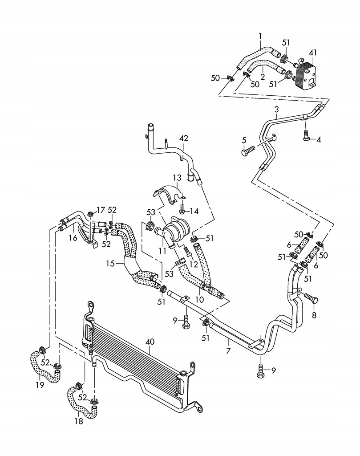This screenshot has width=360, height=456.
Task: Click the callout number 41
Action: pos(314,53)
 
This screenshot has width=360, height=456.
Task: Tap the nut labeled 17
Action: pos(90,213)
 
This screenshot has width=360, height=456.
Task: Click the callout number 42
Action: pos(183,138)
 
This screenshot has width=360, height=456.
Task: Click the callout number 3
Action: pos(277,109)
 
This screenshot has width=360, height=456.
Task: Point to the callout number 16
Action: pos(73,238)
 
